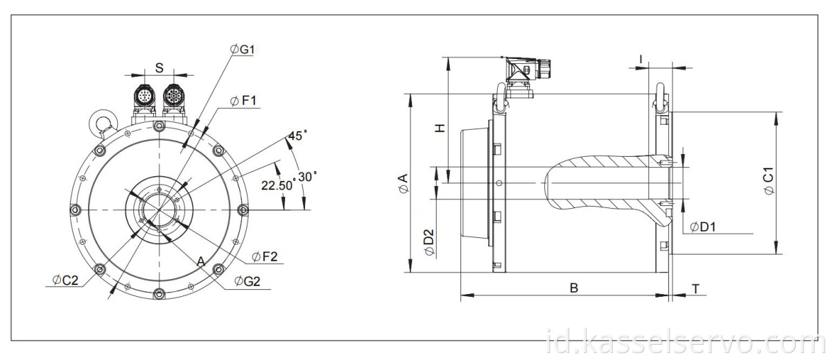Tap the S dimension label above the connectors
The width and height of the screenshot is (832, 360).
click(159, 68)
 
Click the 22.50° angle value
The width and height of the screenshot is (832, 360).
click(277, 185)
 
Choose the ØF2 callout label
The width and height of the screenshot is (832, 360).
click(264, 257)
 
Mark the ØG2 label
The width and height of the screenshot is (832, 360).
click(247, 281)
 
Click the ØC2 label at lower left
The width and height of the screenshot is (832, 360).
click(65, 280)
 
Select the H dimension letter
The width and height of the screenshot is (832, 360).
click(439, 128)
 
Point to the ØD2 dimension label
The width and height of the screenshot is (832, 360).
click(429, 241)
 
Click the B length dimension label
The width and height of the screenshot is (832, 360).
click(574, 288)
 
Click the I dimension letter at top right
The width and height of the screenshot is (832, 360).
click(641, 60)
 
